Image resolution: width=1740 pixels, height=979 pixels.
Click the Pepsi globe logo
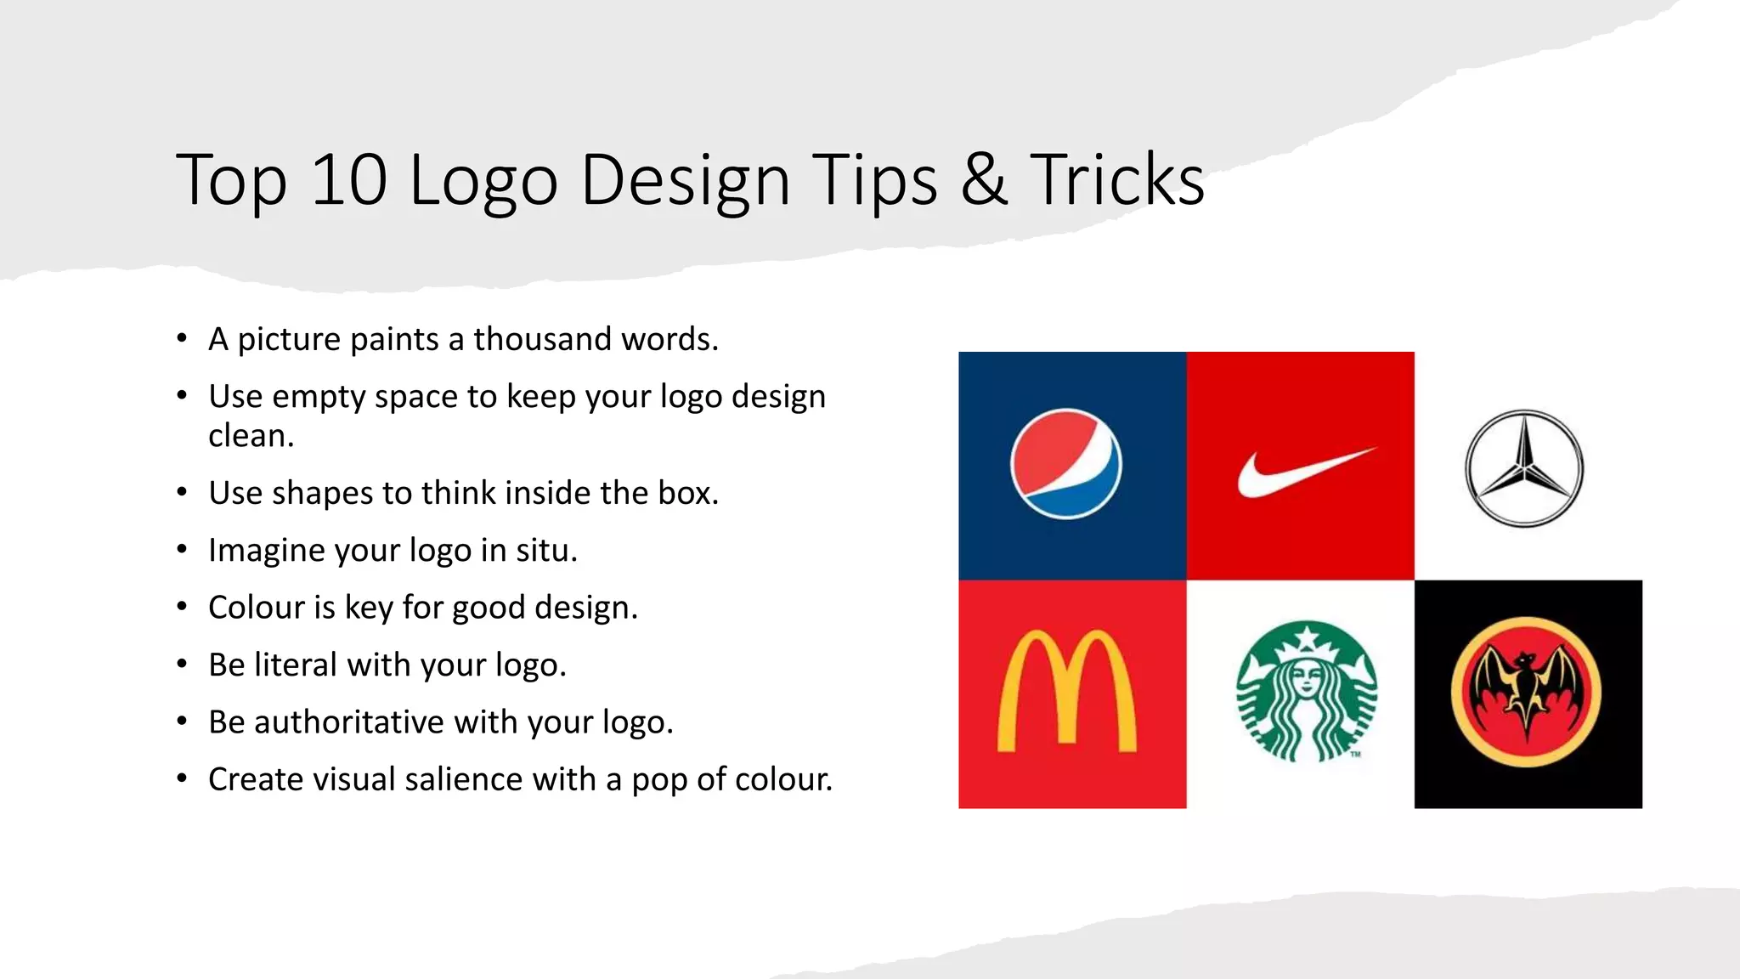[x=1066, y=463]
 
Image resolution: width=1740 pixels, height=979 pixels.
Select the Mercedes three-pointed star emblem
[x=1525, y=468]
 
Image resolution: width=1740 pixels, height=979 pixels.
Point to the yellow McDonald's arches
[x=1067, y=692]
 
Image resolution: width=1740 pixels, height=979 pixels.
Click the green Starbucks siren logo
[x=1307, y=692]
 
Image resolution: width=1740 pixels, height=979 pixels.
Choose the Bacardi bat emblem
[x=1527, y=693]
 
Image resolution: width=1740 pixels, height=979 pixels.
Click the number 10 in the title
[x=349, y=179]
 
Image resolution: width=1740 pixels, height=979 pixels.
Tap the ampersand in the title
[x=984, y=179]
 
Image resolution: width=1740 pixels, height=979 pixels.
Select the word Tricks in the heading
[x=1117, y=179]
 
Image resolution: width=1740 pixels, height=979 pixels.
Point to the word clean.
[x=251, y=436]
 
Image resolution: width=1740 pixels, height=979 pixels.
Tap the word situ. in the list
[x=555, y=551]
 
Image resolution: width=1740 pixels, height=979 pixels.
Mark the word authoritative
[x=349, y=722]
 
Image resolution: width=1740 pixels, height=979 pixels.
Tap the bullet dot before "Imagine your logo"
[x=182, y=549]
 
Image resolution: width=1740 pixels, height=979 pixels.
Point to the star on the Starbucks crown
[x=1307, y=634]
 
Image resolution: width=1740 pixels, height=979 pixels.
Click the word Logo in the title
[x=483, y=179]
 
